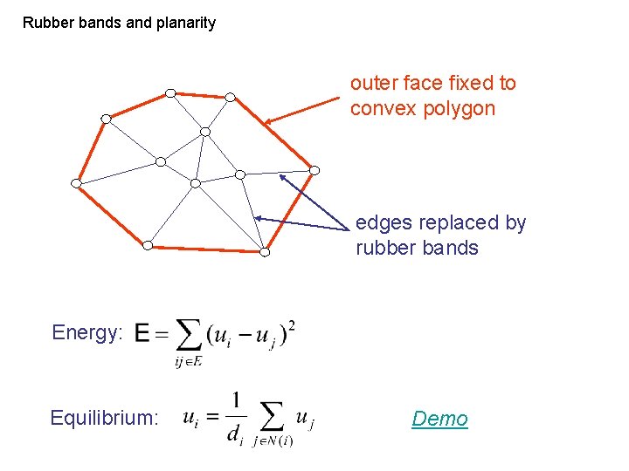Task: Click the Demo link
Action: click(439, 419)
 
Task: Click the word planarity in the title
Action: click(185, 23)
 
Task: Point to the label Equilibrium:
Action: click(104, 418)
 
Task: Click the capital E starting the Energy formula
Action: click(142, 334)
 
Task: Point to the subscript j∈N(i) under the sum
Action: click(273, 441)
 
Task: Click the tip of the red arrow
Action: click(266, 123)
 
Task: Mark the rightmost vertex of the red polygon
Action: click(315, 170)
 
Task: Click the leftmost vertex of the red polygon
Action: click(76, 183)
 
